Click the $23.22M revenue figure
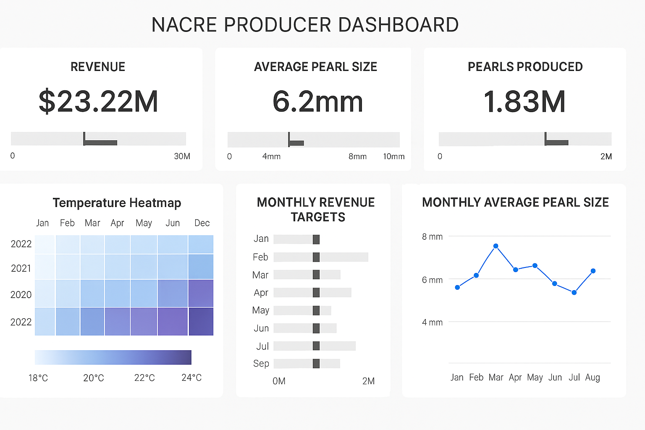(x=98, y=102)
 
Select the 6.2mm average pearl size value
(x=317, y=102)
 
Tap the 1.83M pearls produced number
(x=524, y=102)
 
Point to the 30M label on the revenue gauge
(x=182, y=156)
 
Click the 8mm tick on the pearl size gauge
(x=357, y=157)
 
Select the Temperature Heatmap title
(x=117, y=203)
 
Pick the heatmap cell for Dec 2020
(x=201, y=293)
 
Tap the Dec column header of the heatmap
(x=202, y=223)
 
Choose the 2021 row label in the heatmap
(x=21, y=268)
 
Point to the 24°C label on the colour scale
(x=191, y=378)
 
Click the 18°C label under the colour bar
(x=38, y=378)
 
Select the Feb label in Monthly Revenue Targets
(x=260, y=257)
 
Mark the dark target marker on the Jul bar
(x=316, y=346)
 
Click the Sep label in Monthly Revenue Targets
(x=261, y=364)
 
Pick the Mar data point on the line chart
(x=496, y=246)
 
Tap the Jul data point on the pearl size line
(x=574, y=292)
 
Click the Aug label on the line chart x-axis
(x=593, y=378)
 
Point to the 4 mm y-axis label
(x=432, y=322)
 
